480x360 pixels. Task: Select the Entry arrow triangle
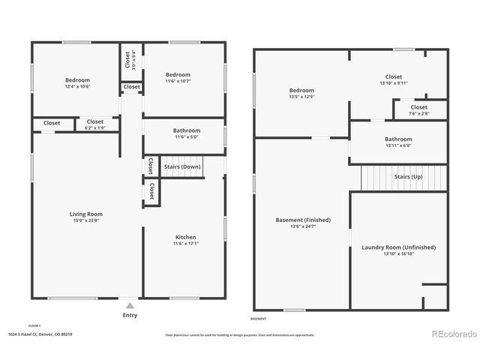click(x=130, y=305)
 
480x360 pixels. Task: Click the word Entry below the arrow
click(x=130, y=316)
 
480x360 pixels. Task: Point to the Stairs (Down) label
click(x=181, y=166)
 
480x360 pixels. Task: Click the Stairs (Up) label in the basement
click(x=409, y=177)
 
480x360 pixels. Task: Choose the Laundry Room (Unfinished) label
click(x=398, y=247)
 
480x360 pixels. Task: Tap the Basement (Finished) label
click(x=303, y=220)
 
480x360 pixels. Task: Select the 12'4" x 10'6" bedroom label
click(x=77, y=80)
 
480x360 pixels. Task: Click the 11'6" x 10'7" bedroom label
click(x=178, y=75)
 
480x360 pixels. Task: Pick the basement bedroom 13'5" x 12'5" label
click(x=301, y=90)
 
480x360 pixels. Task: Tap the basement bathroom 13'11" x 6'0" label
click(x=398, y=139)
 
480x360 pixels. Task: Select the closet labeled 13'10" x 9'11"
click(x=394, y=77)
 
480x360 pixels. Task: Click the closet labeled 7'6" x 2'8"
click(x=419, y=107)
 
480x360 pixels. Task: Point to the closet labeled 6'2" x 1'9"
click(x=95, y=122)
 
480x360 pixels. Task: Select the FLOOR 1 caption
click(x=34, y=325)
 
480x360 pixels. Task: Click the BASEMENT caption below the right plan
click(x=259, y=318)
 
